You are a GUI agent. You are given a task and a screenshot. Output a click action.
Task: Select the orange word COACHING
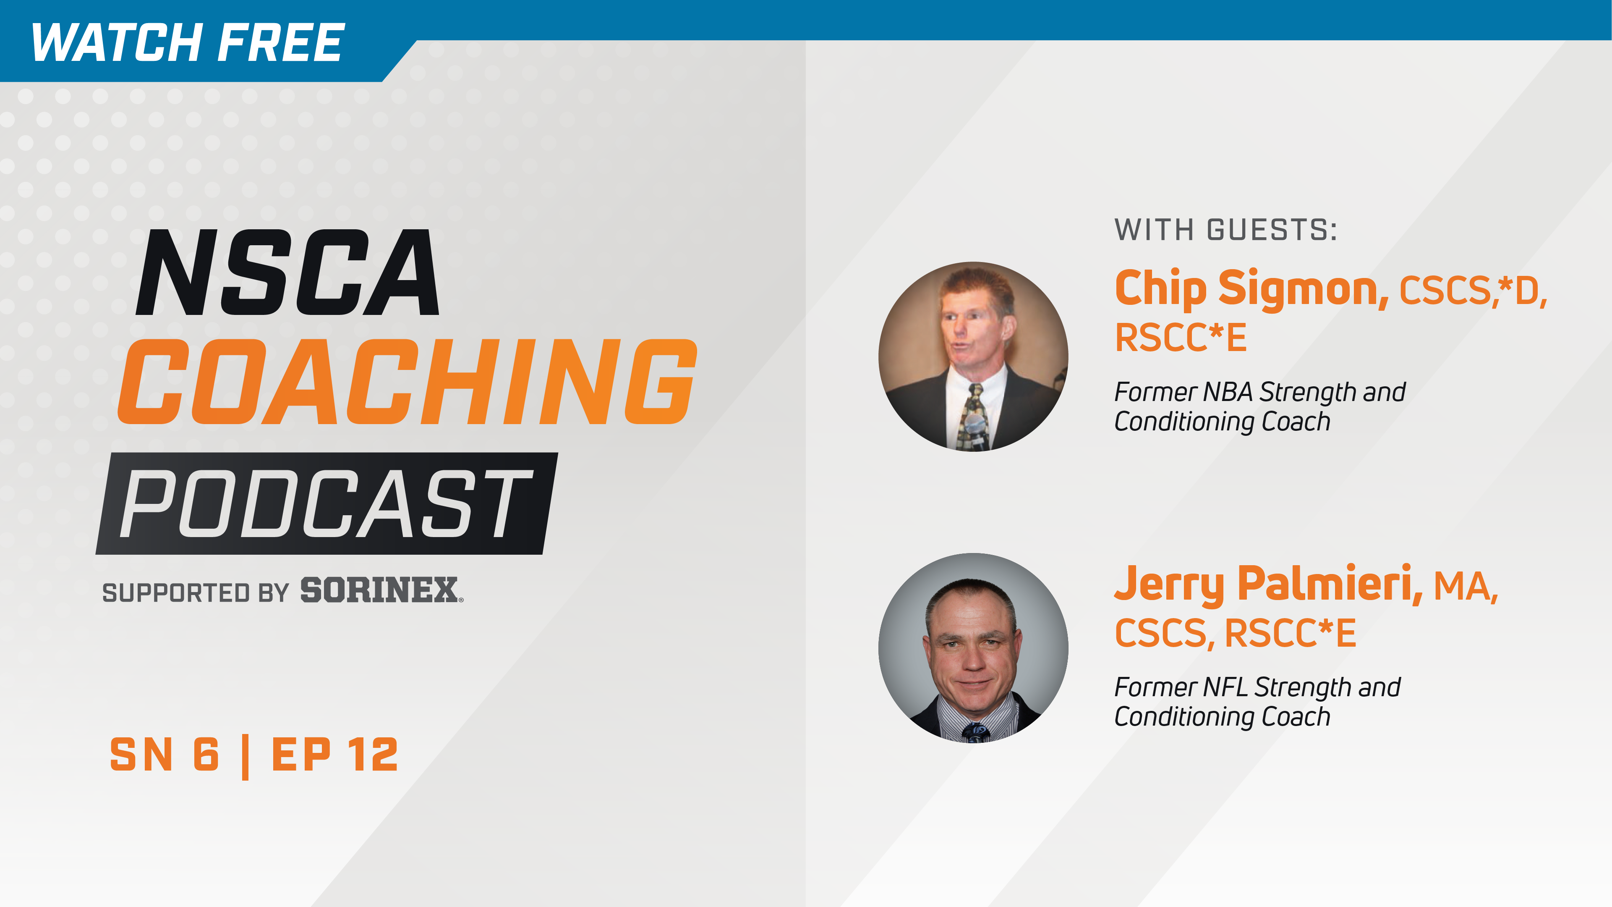pyautogui.click(x=407, y=382)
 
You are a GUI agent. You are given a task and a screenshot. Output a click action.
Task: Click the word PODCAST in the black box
pyautogui.click(x=325, y=504)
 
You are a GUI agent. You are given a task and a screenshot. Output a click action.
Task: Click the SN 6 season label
pyautogui.click(x=165, y=755)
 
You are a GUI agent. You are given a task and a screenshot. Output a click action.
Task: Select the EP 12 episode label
pyautogui.click(x=335, y=755)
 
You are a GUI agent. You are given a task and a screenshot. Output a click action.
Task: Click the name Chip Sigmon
pyautogui.click(x=1251, y=289)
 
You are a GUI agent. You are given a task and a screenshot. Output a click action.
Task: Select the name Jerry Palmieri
pyautogui.click(x=1267, y=584)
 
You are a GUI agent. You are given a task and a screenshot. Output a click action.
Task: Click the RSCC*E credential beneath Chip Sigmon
pyautogui.click(x=1181, y=338)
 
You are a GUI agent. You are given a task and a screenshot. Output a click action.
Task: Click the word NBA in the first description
pyautogui.click(x=1227, y=393)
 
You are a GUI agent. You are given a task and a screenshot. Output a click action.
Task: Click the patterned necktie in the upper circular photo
pyautogui.click(x=974, y=416)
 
